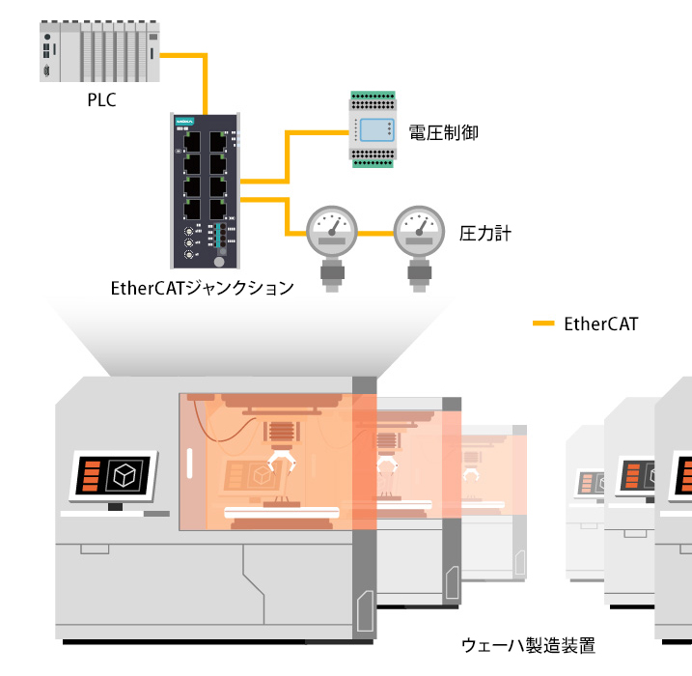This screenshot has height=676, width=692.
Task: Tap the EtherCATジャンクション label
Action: pyautogui.click(x=202, y=288)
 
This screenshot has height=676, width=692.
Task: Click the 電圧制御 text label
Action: pyautogui.click(x=443, y=132)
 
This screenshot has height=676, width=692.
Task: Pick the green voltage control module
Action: pyautogui.click(x=372, y=129)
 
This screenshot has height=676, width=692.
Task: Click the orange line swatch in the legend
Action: pyautogui.click(x=543, y=324)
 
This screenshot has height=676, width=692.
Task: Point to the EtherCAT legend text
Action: pyautogui.click(x=600, y=324)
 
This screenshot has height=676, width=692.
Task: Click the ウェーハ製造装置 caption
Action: pyautogui.click(x=528, y=645)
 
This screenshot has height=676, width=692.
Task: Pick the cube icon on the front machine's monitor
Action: pyautogui.click(x=125, y=475)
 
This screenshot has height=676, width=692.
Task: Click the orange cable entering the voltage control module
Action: pyautogui.click(x=318, y=131)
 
